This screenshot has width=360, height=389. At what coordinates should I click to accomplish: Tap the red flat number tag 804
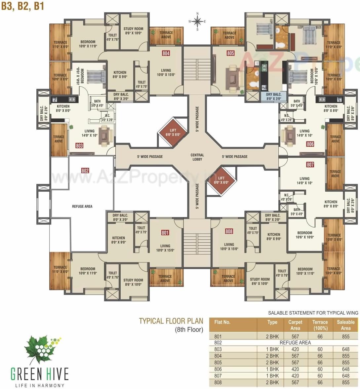pos(166,53)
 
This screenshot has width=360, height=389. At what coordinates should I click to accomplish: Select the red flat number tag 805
pos(230,53)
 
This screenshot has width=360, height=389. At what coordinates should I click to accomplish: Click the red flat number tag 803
pos(79,145)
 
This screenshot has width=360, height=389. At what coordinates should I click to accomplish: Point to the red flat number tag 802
pos(85,171)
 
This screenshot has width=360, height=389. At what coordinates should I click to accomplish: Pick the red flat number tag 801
pos(165,233)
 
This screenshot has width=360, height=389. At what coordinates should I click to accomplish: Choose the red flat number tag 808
pos(229,231)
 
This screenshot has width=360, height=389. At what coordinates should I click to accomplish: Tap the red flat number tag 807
pos(310,165)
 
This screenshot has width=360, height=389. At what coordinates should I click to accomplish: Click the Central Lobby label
pos(197,157)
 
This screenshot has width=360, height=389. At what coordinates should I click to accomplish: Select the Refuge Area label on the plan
pos(82,207)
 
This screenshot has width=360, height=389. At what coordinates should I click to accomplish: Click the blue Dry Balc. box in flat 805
pos(273,97)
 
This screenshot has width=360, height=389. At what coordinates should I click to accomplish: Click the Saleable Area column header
pos(345,325)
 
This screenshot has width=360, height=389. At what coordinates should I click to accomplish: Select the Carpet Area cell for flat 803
pos(295,349)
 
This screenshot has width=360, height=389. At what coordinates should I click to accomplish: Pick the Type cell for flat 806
pos(274,369)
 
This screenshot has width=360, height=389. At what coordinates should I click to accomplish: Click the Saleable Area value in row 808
pos(345,382)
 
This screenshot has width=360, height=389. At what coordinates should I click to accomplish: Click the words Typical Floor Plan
pos(171,321)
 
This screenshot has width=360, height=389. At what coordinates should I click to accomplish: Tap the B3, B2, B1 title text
pos(23,6)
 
